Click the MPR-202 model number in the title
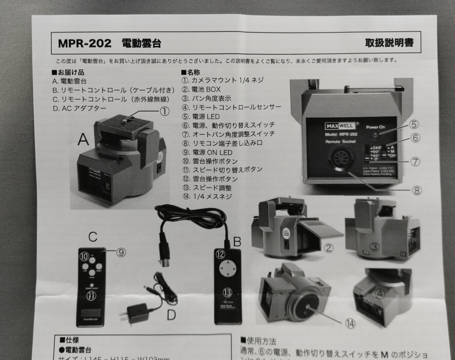click(x=85, y=43)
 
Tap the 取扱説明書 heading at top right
click(x=389, y=43)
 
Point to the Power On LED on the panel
click(x=375, y=136)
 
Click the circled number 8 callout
click(x=416, y=190)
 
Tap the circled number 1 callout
click(x=164, y=111)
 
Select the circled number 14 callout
click(x=350, y=324)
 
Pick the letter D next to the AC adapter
click(x=171, y=315)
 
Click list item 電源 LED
click(x=201, y=116)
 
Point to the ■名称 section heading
click(x=190, y=72)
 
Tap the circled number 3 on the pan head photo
click(x=375, y=247)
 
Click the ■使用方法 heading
click(x=258, y=341)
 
